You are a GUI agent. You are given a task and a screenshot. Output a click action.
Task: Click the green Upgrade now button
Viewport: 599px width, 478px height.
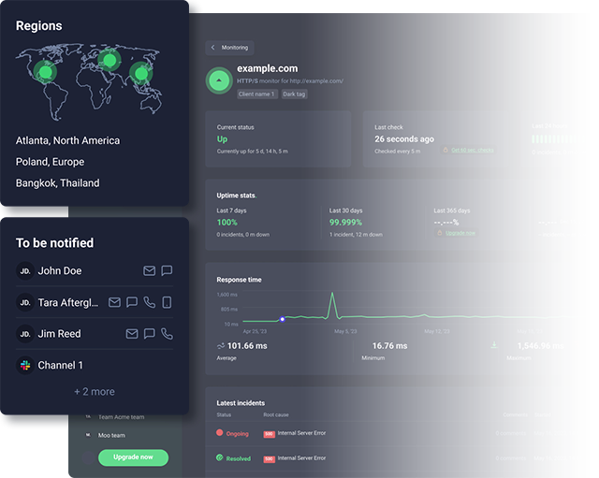[133, 457]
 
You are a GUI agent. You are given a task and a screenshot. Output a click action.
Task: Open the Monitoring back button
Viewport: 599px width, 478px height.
[229, 48]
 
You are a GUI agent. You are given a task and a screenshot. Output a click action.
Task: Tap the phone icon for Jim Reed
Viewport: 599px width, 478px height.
[167, 334]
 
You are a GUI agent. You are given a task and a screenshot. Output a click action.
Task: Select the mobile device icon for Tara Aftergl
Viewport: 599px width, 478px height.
[167, 302]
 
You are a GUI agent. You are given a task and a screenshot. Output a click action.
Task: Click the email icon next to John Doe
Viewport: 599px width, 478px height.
[149, 271]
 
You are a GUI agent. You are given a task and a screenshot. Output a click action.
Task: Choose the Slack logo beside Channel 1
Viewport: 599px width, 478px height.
[25, 366]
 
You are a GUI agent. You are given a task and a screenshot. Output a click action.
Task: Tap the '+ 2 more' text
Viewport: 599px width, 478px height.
[95, 392]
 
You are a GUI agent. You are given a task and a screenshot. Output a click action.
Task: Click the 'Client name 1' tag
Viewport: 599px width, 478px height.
[256, 94]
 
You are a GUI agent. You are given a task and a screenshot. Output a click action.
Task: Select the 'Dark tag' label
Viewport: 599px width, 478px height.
[294, 94]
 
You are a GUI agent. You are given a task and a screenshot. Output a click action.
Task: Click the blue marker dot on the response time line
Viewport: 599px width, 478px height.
[283, 320]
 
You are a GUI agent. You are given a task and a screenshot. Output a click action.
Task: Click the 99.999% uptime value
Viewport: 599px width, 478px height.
[346, 223]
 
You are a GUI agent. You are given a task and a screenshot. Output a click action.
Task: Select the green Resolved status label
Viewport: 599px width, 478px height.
[238, 458]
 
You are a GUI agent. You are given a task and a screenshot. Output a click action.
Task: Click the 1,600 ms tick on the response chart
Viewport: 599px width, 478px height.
[229, 295]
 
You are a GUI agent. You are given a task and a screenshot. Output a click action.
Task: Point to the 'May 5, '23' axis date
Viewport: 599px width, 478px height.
[345, 331]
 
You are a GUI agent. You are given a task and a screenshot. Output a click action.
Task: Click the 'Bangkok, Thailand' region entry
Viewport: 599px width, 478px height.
[57, 183]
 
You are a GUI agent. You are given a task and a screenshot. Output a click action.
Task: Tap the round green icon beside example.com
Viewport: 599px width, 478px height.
[219, 81]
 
